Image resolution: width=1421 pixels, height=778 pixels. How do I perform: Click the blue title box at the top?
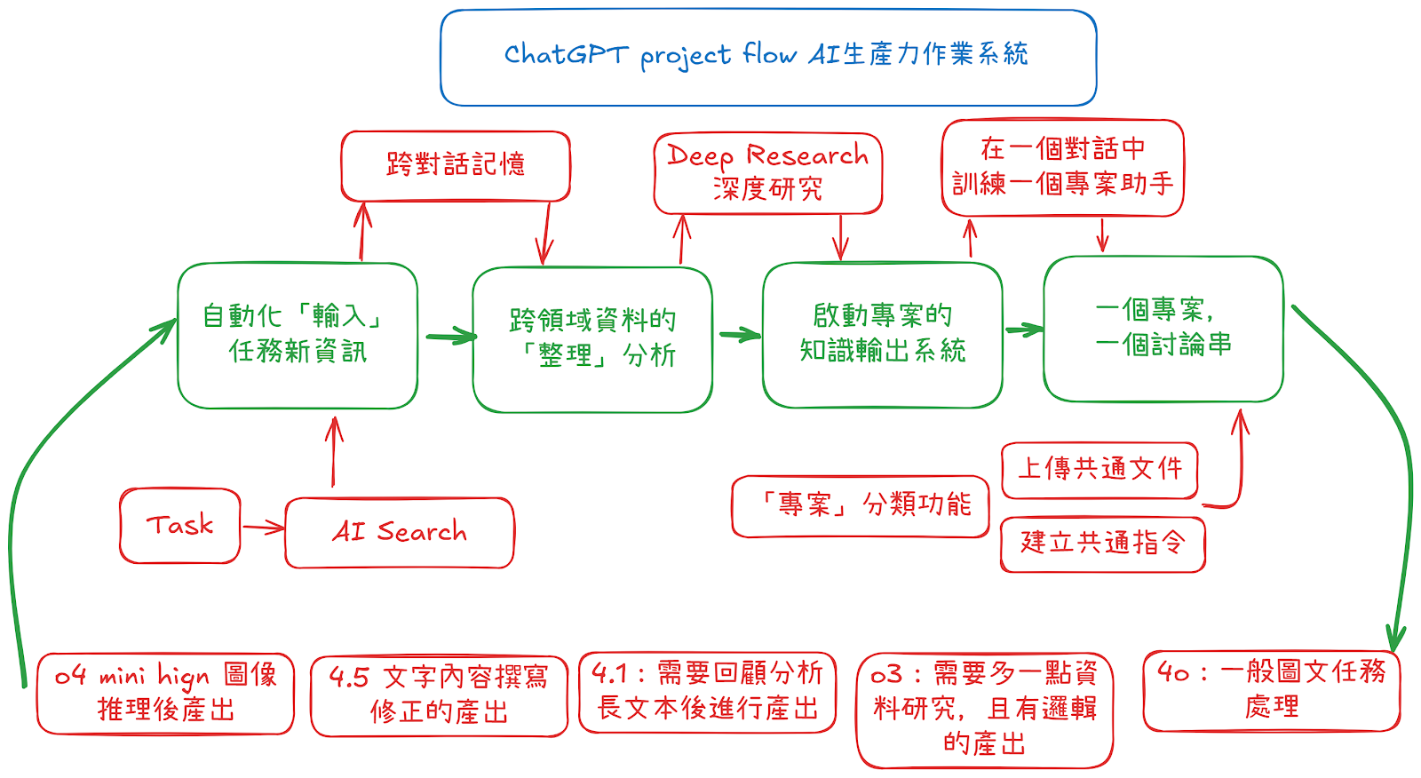coord(768,58)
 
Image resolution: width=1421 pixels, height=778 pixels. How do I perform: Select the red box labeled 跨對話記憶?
coord(456,166)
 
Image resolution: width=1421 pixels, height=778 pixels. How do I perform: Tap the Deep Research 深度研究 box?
coord(768,173)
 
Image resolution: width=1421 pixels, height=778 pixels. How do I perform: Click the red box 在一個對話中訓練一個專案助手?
coord(1062,168)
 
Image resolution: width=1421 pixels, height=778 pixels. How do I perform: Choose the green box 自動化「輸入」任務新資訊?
coord(298,336)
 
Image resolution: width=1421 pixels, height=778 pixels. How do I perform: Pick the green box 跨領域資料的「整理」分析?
coord(592,339)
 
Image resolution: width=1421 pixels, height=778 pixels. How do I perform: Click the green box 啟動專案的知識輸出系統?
coord(882,335)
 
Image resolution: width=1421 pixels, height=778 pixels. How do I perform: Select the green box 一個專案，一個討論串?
coord(1163,329)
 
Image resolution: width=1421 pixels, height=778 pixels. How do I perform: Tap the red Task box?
coord(180,526)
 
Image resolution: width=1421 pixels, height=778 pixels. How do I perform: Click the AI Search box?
coord(400,533)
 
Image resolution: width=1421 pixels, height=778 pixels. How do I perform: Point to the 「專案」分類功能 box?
coord(860,506)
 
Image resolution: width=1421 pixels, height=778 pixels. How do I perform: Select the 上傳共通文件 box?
coord(1099,470)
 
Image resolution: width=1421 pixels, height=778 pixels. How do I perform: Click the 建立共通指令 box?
coord(1102,544)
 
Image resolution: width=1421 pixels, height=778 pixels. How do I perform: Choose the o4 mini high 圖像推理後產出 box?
coord(165,694)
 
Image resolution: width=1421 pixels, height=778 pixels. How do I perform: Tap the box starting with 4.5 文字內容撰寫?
coord(439,695)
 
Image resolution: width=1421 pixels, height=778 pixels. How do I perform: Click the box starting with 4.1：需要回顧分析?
coord(707,692)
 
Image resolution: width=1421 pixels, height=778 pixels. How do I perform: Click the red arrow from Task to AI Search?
coord(263,528)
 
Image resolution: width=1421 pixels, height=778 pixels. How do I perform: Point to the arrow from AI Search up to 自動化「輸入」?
coord(334,451)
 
